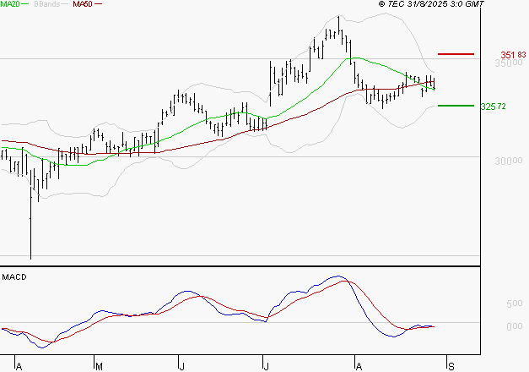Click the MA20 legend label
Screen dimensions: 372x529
11,4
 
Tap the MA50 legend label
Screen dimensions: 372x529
83,4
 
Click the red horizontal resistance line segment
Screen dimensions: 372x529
456,54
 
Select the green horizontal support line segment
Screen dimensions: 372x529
456,106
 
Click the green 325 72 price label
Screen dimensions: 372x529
493,107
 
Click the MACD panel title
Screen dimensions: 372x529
13,276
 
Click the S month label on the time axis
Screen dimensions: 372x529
451,366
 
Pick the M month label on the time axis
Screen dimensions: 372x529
99,366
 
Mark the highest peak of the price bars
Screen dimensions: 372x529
338,17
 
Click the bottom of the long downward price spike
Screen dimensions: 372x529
30,258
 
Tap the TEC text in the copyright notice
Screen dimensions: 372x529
397,4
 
